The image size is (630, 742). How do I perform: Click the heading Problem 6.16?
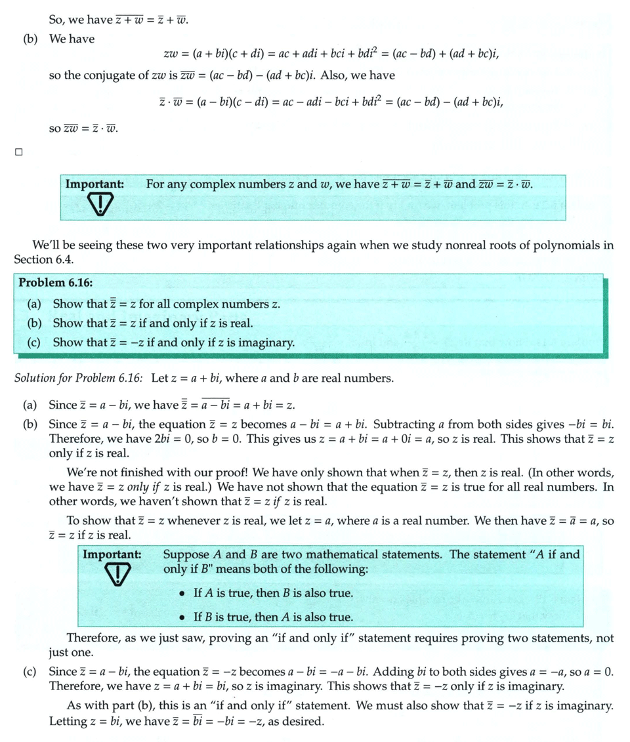click(x=55, y=283)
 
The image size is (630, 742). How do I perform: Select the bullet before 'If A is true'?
click(x=183, y=593)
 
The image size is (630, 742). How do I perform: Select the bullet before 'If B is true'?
click(x=183, y=617)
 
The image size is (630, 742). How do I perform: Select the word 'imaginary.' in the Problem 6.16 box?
click(x=268, y=342)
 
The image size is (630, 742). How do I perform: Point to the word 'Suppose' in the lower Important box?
click(x=185, y=554)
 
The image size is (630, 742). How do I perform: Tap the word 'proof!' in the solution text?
click(x=221, y=473)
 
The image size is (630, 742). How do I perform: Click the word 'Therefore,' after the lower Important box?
click(x=97, y=638)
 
